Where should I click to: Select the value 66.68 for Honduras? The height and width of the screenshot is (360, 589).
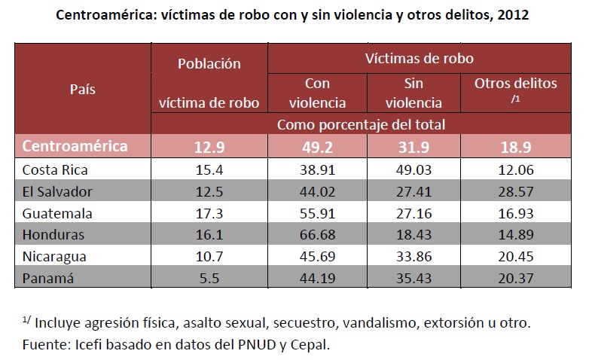coord(325,234)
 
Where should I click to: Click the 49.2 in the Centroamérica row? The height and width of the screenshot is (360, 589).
coord(325,146)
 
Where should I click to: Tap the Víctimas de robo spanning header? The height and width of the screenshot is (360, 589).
coord(420,57)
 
